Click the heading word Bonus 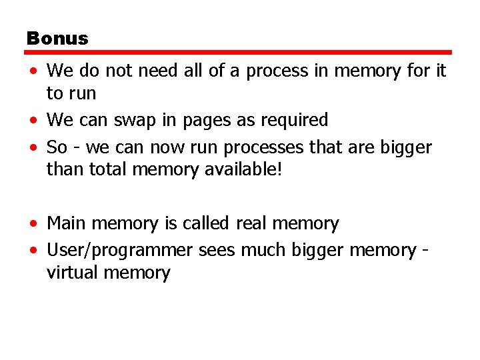[57, 38]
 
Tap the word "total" [107, 170]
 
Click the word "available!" [241, 170]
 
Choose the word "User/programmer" [120, 251]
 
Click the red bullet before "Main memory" [32, 224]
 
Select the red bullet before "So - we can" [32, 148]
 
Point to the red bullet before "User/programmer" [32, 251]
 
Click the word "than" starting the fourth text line [63, 170]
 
